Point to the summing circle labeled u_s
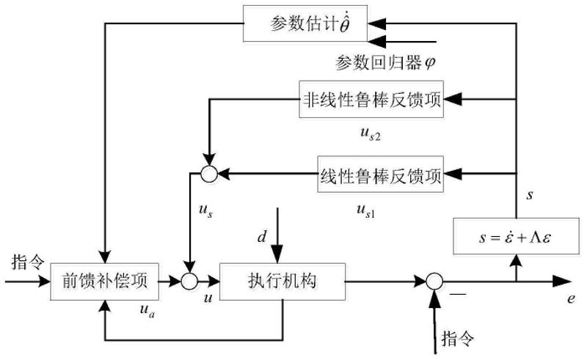(x=209, y=174)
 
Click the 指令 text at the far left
(x=28, y=262)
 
